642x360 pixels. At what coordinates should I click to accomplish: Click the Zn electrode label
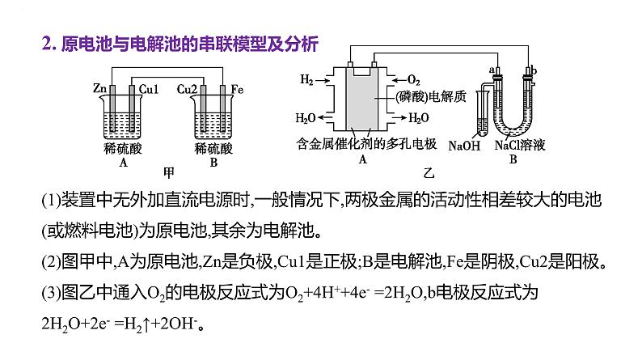click(x=100, y=87)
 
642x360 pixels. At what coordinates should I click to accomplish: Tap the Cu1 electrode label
click(x=149, y=87)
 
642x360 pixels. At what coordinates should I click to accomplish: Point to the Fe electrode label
click(x=237, y=87)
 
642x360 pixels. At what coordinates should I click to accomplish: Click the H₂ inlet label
click(x=306, y=80)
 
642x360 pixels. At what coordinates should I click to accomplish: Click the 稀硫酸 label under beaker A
click(x=121, y=149)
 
